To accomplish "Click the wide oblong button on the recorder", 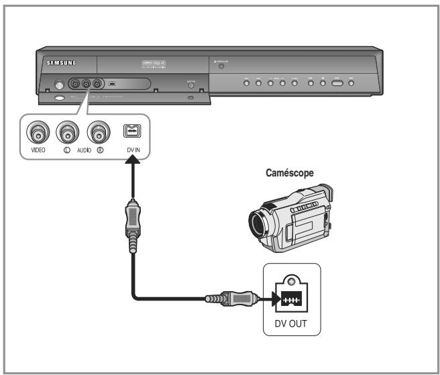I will click(x=337, y=83).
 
